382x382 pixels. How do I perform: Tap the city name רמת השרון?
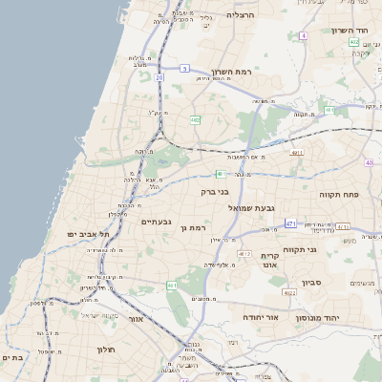(x=257, y=72)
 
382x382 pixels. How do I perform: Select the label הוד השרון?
(x=349, y=31)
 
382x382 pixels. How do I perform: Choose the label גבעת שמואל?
(x=252, y=207)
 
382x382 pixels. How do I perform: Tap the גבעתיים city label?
(x=156, y=222)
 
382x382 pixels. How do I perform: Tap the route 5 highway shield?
(x=185, y=69)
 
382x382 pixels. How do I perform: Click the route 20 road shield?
(x=159, y=77)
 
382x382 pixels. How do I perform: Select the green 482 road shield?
(x=195, y=120)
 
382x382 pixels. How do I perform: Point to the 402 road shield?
(x=354, y=42)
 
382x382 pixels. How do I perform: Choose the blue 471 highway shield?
(x=291, y=223)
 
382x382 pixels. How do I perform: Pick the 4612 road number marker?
(x=244, y=254)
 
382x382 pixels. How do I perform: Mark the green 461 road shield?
(x=172, y=286)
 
